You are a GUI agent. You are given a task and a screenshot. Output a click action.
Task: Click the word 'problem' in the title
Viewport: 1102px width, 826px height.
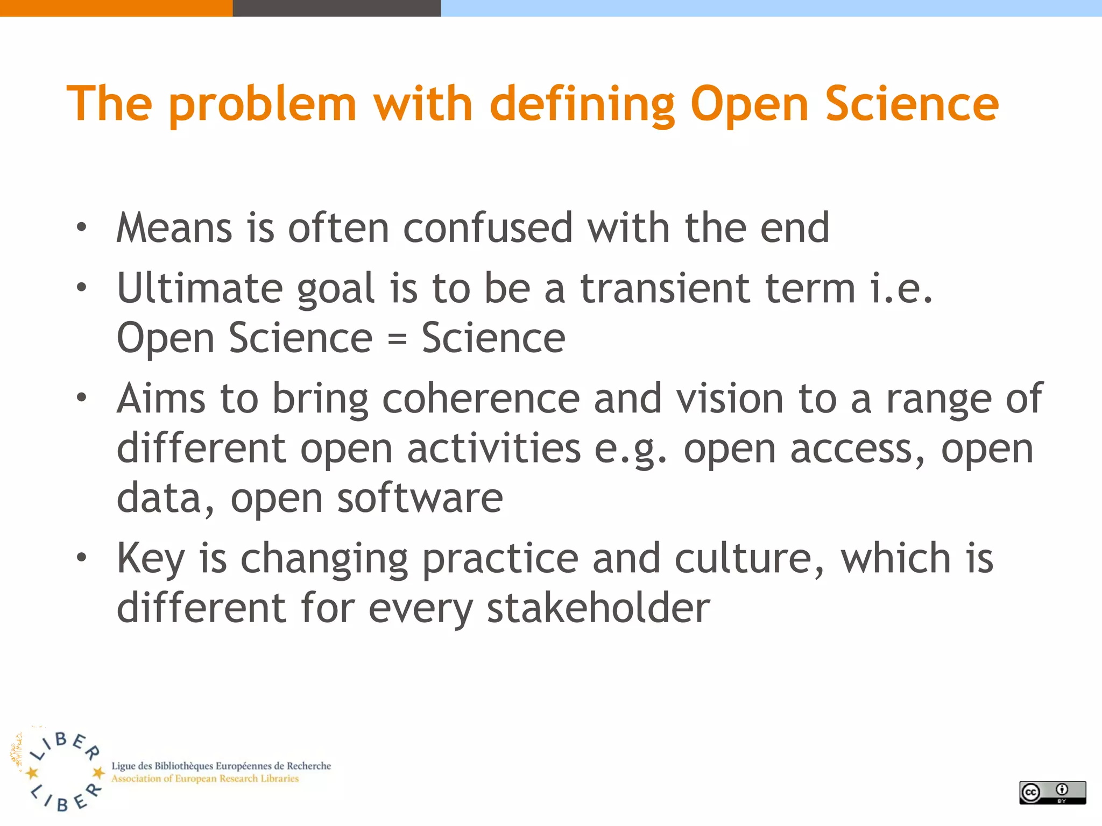point(263,105)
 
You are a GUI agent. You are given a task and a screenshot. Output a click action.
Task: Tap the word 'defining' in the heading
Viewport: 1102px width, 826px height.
point(582,105)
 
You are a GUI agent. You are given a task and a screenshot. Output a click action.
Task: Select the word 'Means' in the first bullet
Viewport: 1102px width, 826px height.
point(174,228)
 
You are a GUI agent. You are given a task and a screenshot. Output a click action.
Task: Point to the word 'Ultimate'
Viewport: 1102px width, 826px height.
point(200,288)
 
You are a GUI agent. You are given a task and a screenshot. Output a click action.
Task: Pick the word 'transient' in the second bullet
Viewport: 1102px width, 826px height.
point(665,288)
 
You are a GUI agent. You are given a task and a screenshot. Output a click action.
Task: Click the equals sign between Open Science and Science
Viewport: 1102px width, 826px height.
point(397,339)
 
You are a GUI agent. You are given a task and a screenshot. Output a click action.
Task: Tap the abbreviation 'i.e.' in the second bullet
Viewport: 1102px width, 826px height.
point(901,288)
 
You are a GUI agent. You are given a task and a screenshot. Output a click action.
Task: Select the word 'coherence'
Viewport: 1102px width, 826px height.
point(481,399)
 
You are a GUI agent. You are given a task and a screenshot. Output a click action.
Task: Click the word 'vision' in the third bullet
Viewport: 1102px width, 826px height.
point(730,399)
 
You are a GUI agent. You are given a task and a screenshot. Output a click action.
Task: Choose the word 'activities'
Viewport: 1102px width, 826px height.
point(493,449)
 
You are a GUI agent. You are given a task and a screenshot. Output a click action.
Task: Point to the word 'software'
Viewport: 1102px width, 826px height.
point(420,499)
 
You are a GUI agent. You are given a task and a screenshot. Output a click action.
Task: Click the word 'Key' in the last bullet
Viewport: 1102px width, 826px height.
point(151,559)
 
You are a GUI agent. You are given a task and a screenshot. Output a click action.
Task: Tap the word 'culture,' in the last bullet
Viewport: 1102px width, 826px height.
point(749,559)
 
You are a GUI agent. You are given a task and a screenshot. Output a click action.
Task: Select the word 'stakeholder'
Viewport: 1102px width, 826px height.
point(598,609)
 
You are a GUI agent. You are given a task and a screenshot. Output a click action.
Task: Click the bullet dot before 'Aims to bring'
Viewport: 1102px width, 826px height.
point(81,398)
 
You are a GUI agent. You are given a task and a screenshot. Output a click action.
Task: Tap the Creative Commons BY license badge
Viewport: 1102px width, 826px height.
point(1052,792)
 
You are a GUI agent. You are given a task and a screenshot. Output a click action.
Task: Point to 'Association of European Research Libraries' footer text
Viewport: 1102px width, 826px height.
point(205,779)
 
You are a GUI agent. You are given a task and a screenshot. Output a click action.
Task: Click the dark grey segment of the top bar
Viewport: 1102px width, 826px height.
point(336,8)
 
